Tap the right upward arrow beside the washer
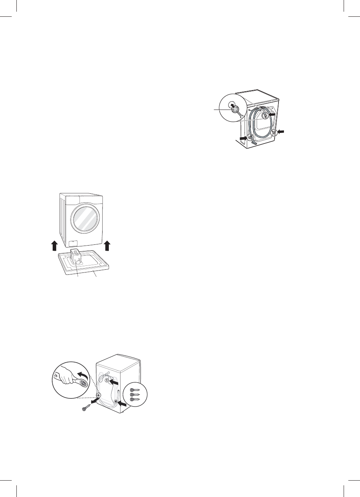click(x=108, y=247)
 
